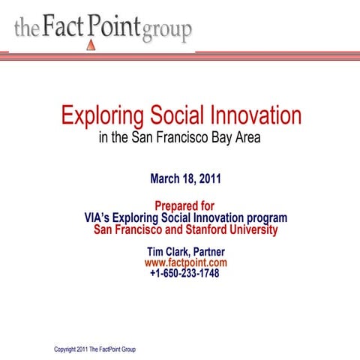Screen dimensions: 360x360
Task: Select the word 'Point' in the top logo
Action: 114,28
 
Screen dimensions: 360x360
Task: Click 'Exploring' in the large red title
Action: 100,116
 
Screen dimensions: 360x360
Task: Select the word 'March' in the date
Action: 166,179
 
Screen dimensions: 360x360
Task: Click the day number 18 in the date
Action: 192,179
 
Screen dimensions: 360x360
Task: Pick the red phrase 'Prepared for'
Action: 184,206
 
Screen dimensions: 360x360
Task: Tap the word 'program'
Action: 265,218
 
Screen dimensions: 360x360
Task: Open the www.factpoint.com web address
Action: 185,263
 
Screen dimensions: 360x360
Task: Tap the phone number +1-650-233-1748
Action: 184,274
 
